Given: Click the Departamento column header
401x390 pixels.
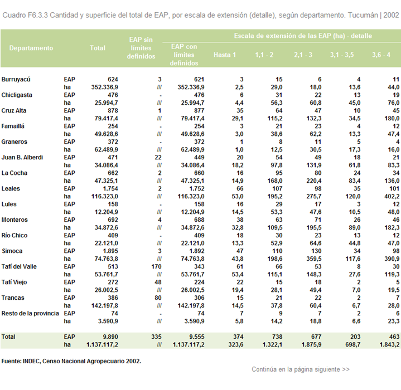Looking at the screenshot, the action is pos(31,48).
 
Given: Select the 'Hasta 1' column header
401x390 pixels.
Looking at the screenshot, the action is pos(225,55).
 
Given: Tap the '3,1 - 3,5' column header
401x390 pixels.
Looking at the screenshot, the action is pos(342,55).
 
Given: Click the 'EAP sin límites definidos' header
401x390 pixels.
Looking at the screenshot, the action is pos(141,48).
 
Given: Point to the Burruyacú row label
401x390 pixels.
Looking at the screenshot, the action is pos(16,80).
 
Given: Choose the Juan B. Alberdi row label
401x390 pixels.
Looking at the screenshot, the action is pos(22,157).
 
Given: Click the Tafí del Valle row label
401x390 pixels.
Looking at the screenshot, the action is pos(19,267).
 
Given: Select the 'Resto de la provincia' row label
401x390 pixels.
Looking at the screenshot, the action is pos(30,313).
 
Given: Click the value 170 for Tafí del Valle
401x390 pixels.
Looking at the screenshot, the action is pos(156,267).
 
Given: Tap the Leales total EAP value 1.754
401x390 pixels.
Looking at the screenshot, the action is pos(110,189).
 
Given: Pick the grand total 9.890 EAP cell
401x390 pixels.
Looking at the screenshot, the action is pos(110,337).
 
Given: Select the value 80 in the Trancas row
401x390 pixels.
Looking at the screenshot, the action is pos(158,298).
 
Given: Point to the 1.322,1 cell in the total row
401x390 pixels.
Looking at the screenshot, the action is pos(272,345).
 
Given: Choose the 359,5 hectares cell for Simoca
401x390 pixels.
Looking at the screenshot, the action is pos(314,259).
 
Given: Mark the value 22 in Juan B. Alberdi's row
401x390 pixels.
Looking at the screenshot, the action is pos(158,158).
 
